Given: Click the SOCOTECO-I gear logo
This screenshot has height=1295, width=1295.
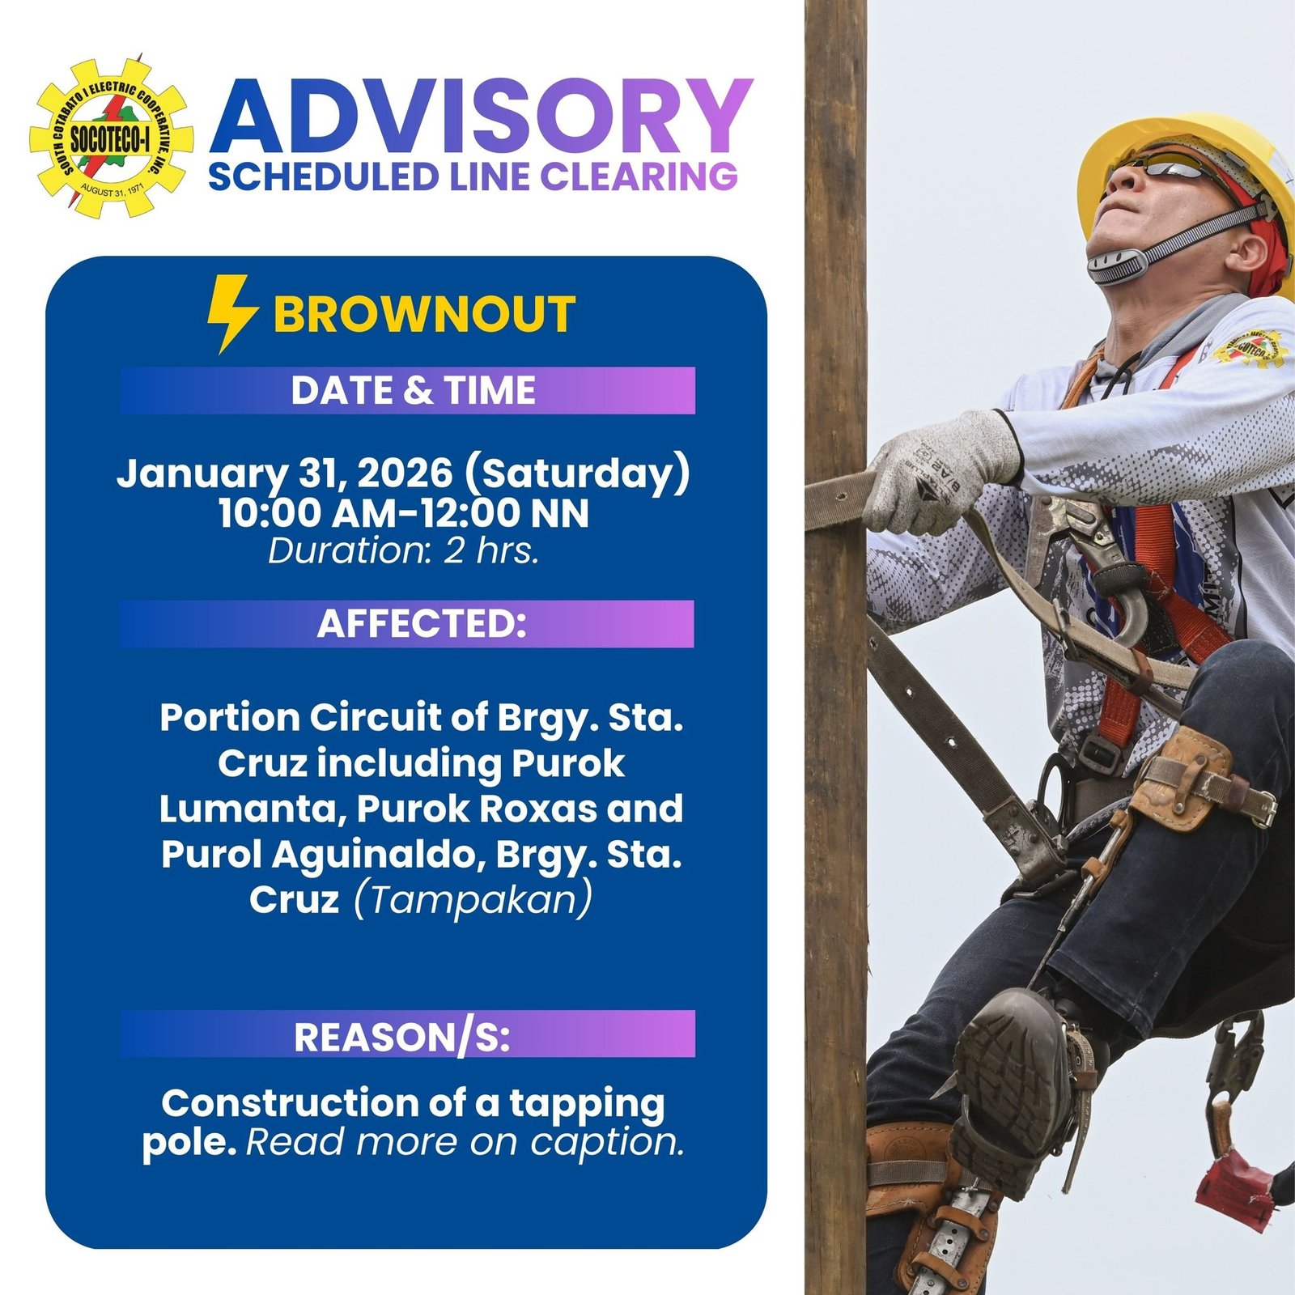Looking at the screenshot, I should click(x=111, y=135).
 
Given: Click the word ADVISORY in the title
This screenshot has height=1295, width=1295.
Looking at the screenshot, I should click(x=481, y=117).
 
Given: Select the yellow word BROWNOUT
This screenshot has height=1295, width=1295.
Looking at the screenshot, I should click(x=424, y=315).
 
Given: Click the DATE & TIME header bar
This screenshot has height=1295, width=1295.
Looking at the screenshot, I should click(x=407, y=391).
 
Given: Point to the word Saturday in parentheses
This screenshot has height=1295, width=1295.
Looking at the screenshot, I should click(x=578, y=473).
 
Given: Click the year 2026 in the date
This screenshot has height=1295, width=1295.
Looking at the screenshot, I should click(x=405, y=473).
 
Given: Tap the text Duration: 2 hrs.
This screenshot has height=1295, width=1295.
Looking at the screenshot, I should click(x=404, y=551).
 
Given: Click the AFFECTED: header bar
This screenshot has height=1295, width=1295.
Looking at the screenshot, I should click(x=407, y=624).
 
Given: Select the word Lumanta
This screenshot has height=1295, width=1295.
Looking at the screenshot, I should click(x=252, y=809).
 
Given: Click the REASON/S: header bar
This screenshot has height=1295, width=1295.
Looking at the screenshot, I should click(x=407, y=1034).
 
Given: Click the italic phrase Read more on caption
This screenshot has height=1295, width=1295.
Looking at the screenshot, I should click(x=465, y=1142).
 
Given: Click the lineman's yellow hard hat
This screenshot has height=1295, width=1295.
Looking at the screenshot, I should click(x=1190, y=162).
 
